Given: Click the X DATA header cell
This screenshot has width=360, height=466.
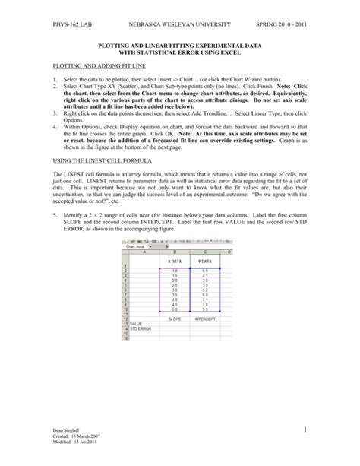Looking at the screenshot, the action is click(174, 261).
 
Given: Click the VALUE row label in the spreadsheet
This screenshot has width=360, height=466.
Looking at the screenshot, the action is click(137, 324).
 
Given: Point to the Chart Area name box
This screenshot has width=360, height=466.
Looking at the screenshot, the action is click(136, 246).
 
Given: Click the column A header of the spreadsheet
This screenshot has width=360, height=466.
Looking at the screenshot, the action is click(144, 251).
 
